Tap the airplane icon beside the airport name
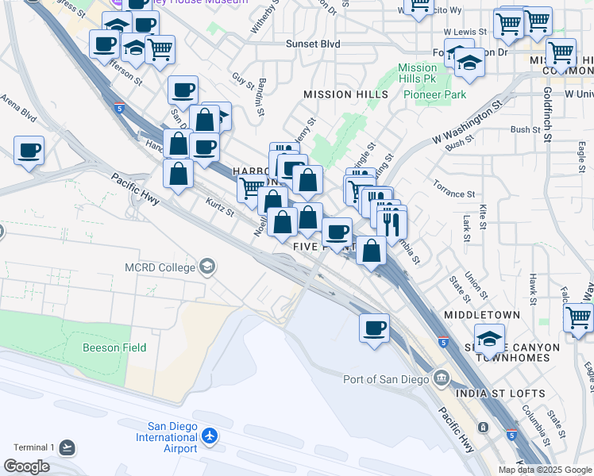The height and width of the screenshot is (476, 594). (210, 436)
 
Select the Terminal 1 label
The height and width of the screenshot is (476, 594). (31, 447)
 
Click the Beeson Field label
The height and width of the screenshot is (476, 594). (112, 347)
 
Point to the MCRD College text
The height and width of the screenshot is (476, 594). (160, 267)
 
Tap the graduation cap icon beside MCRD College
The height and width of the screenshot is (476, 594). (208, 267)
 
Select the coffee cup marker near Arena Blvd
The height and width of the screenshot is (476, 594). (29, 150)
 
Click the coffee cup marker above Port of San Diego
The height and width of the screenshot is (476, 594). (374, 327)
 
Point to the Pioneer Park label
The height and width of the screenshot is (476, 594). (434, 94)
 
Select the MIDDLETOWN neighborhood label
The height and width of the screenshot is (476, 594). (483, 315)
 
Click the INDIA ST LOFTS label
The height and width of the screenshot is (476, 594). (500, 393)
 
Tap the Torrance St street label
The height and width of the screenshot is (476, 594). (454, 194)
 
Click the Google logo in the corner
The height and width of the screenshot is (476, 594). (27, 466)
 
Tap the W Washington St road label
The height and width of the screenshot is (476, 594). (469, 121)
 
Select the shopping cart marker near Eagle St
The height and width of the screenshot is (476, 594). (579, 318)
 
